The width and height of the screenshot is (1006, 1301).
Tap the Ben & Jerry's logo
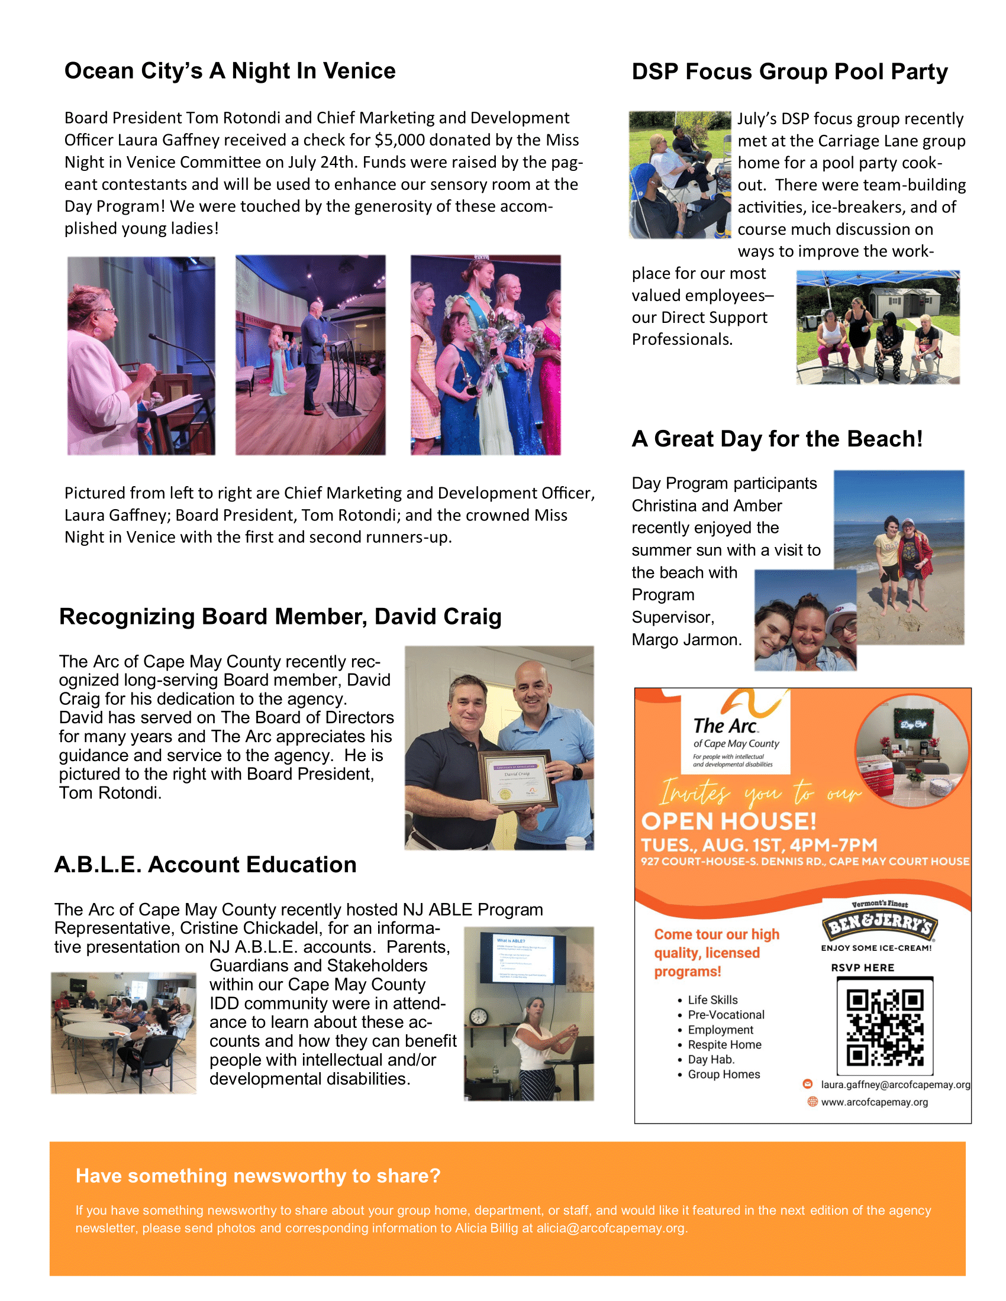pos(879,924)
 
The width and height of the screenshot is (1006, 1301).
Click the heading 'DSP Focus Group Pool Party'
pos(789,72)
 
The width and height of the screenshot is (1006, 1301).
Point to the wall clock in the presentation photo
pos(479,1017)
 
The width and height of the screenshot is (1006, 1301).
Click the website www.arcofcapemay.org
pos(874,1102)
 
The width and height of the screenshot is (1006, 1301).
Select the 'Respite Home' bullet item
pos(724,1045)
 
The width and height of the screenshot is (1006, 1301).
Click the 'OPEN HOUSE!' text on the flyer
pos(728,821)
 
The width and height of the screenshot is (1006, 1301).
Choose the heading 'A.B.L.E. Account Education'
pos(205,865)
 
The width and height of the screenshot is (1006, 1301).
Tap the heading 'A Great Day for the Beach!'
pos(777,439)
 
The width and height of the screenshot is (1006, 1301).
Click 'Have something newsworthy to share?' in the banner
pos(258,1176)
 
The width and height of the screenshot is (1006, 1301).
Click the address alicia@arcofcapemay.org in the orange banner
pos(610,1228)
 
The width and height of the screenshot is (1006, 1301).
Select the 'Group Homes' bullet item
pos(724,1075)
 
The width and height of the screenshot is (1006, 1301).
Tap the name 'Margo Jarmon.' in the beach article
pos(686,640)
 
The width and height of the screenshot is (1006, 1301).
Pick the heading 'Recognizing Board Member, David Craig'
pos(280,617)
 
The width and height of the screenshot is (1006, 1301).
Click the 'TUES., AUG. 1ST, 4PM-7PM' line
pos(759,845)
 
